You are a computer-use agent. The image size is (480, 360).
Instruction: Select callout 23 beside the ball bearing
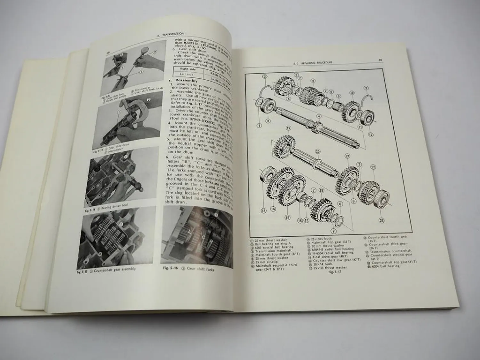pos(381,220)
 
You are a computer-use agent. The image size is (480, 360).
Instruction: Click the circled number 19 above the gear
pos(289,128)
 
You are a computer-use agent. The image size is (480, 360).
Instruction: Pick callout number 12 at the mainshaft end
pos(371,135)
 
